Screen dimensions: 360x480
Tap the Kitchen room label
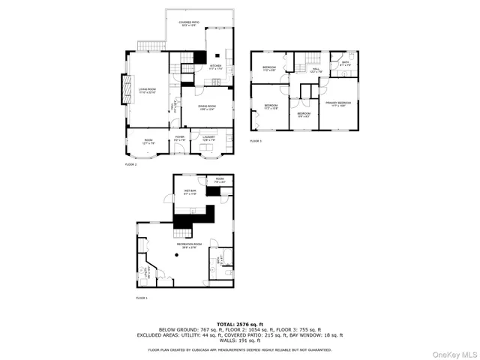pyautogui.click(x=215, y=67)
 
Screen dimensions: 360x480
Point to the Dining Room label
pyautogui.click(x=207, y=107)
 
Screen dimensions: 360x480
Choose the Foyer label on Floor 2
pyautogui.click(x=180, y=138)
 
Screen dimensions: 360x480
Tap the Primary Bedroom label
pyautogui.click(x=338, y=103)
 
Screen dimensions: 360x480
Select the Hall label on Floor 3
pyautogui.click(x=316, y=70)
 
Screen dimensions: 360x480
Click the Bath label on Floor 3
pyautogui.click(x=346, y=64)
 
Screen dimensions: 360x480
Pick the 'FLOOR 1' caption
pyautogui.click(x=142, y=298)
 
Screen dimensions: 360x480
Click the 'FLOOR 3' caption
pyautogui.click(x=256, y=141)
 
